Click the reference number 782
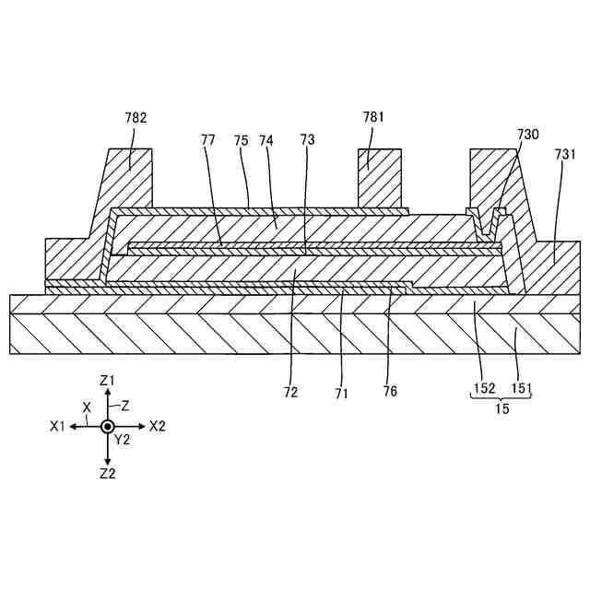pyautogui.click(x=136, y=118)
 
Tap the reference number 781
pyautogui.click(x=373, y=117)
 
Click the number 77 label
pyautogui.click(x=208, y=140)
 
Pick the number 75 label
pyautogui.click(x=242, y=140)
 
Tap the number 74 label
pyautogui.click(x=266, y=140)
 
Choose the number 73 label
pyautogui.click(x=307, y=140)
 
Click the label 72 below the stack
pyautogui.click(x=291, y=391)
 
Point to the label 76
pyautogui.click(x=390, y=391)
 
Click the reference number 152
pyautogui.click(x=484, y=389)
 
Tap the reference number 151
pyautogui.click(x=521, y=389)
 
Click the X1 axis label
pyautogui.click(x=59, y=427)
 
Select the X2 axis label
pyautogui.click(x=157, y=427)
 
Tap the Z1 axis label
pyautogui.click(x=107, y=380)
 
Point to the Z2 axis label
pyautogui.click(x=107, y=474)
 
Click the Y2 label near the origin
pyautogui.click(x=123, y=440)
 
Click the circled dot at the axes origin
pyautogui.click(x=107, y=427)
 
